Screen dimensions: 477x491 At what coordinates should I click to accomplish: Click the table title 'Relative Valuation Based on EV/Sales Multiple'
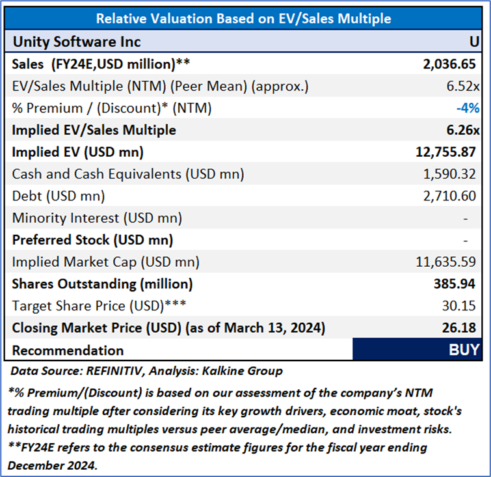(x=244, y=18)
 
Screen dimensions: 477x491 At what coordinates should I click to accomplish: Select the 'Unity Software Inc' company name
(x=77, y=42)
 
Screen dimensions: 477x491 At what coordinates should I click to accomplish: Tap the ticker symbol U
(x=474, y=42)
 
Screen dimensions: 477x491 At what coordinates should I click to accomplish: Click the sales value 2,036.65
(x=449, y=64)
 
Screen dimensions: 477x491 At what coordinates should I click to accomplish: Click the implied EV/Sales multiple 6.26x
(x=462, y=130)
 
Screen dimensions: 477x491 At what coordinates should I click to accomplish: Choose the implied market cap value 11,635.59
(x=445, y=262)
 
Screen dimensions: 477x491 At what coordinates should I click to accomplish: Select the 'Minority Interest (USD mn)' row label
(x=97, y=218)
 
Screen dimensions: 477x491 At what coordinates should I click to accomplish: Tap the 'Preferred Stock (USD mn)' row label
(x=92, y=240)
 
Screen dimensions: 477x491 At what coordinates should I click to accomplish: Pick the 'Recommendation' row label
(x=68, y=350)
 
